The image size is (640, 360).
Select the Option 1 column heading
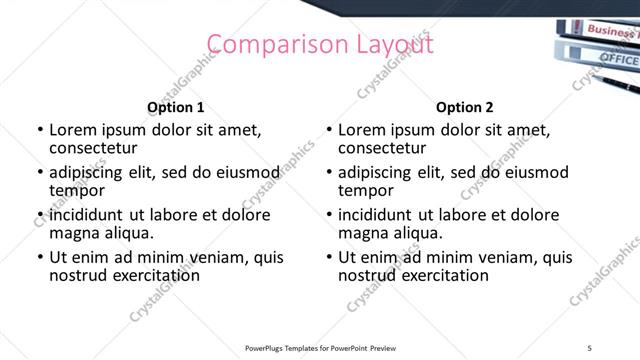pos(176,107)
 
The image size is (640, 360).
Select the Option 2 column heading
pos(464,107)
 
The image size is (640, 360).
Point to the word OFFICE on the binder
pos(618,59)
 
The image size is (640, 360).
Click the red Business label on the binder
pos(610,30)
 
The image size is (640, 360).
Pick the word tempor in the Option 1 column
pos(75,191)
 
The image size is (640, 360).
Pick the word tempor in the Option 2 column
pos(364,191)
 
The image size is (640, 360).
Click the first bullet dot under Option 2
pos(330,131)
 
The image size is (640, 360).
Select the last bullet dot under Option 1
pos(40,258)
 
